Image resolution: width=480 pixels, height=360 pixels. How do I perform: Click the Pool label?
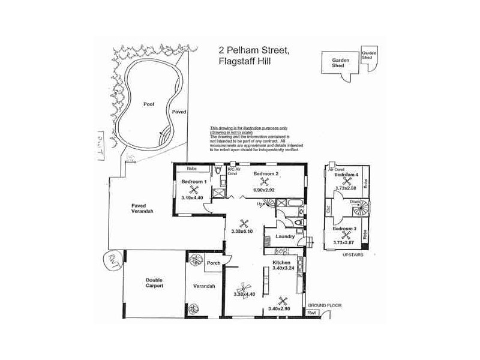point(149,104)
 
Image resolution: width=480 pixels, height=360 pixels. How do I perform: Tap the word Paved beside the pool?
point(179,112)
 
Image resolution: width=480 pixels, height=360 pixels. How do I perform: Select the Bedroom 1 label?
point(194,181)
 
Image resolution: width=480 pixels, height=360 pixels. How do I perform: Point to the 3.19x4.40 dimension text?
point(193,197)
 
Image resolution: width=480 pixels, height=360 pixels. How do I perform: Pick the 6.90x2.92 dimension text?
point(265,190)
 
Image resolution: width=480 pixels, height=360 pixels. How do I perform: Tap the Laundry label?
point(285,236)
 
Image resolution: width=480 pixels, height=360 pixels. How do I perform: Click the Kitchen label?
point(282,263)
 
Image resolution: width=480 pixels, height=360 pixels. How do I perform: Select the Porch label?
point(213,263)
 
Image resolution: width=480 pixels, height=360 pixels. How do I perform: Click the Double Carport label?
point(155,283)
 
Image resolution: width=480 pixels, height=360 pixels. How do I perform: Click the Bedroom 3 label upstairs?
point(345,229)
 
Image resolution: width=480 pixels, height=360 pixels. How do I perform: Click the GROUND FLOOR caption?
point(325,305)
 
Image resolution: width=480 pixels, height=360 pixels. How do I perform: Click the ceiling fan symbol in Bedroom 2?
point(265,181)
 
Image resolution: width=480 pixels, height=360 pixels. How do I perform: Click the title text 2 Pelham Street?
point(256,53)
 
